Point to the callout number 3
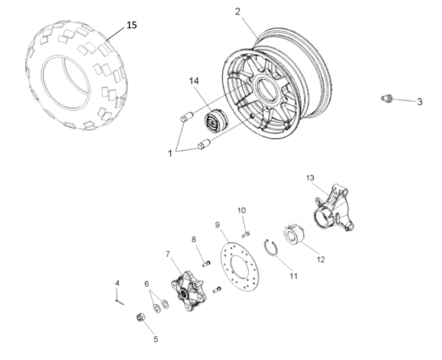coord(419,102)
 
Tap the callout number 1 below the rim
coord(170,152)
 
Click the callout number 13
coord(311,177)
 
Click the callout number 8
coord(193,239)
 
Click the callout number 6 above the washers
coord(147,283)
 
